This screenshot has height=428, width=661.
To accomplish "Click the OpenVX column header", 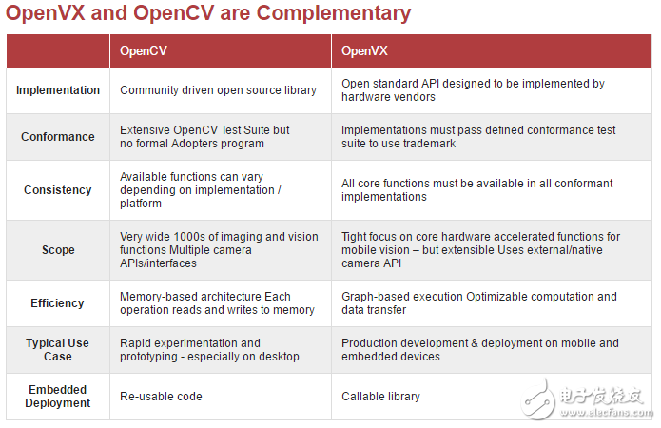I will click(x=364, y=50).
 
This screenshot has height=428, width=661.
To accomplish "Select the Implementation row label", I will click(x=58, y=90).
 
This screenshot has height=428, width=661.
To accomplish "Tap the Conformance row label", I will click(x=58, y=137).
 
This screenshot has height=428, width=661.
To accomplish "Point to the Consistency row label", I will click(x=58, y=190).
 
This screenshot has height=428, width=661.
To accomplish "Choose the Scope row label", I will click(x=58, y=250).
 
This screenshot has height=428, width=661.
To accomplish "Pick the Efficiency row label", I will click(x=58, y=303).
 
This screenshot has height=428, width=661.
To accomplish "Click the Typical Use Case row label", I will click(x=58, y=350).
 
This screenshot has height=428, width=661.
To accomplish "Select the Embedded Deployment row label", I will click(x=58, y=396).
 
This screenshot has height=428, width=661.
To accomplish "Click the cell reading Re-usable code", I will click(x=161, y=396).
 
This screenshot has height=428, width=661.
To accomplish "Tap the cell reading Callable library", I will click(x=380, y=396).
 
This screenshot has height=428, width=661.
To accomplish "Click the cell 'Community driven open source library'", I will click(x=218, y=90).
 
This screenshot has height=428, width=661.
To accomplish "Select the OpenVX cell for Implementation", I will click(x=473, y=90).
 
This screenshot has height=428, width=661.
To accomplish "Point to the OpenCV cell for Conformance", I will click(x=204, y=137).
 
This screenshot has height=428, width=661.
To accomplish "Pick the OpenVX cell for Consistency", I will click(x=476, y=190).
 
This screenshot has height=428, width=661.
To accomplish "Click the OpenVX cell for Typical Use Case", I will click(x=479, y=350).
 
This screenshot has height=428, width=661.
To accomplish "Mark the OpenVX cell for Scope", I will click(x=480, y=250).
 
